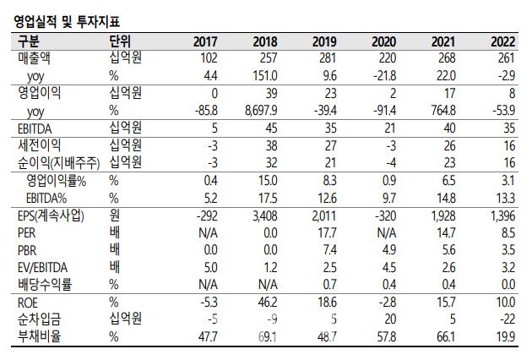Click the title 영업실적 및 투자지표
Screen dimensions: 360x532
point(64,14)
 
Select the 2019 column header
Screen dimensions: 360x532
point(324,41)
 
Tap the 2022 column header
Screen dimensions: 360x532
point(504,41)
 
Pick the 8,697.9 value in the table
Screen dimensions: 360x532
point(260,111)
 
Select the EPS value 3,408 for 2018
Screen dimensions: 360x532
point(265,216)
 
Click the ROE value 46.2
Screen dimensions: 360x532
point(267,303)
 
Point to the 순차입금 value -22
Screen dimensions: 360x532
point(510,320)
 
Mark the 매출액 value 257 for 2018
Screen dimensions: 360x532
point(268,58)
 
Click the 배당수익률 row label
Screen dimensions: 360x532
point(46,286)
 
